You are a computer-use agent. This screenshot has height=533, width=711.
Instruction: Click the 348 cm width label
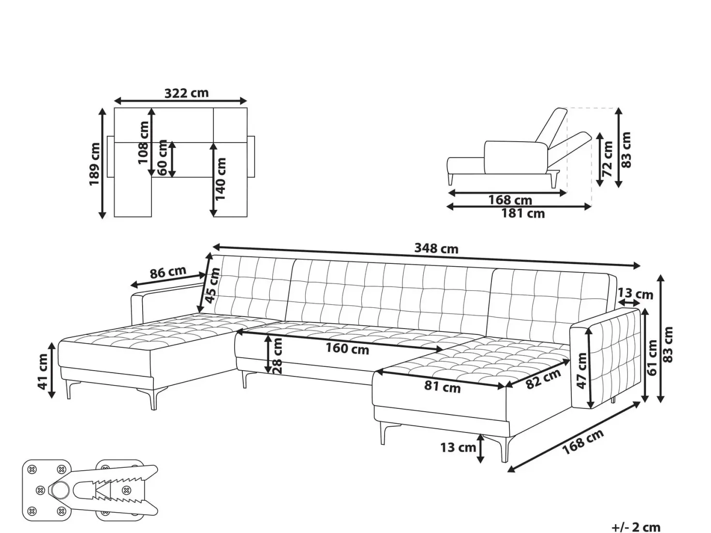[x=436, y=248]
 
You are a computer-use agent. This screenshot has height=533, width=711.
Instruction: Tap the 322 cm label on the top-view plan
[x=187, y=93]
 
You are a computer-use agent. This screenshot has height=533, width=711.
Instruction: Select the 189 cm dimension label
[x=94, y=164]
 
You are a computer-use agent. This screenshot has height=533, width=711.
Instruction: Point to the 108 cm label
[x=143, y=143]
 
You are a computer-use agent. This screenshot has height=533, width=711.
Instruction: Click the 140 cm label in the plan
[x=220, y=179]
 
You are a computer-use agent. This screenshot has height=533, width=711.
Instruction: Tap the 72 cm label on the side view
[x=607, y=159]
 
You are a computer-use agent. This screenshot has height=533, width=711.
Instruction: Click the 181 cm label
[x=523, y=214]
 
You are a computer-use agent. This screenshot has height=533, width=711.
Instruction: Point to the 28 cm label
[x=278, y=356]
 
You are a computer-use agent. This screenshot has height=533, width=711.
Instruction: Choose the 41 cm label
[x=43, y=372]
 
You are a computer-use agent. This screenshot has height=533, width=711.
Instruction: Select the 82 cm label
[x=543, y=379]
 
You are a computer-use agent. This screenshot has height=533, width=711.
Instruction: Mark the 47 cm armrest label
[x=582, y=371]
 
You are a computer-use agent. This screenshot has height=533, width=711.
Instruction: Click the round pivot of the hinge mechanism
[x=60, y=490]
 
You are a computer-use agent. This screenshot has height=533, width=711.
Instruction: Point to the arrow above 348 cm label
[x=426, y=256]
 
